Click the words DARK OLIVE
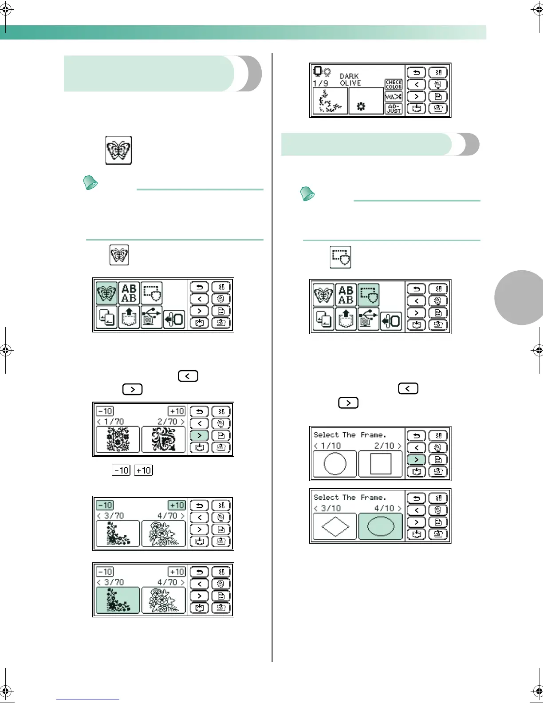[350, 79]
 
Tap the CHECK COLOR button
[393, 84]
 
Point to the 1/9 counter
[320, 83]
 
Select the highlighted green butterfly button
[106, 293]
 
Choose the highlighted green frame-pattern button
[369, 295]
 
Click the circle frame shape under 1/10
[334, 464]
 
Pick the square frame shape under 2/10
[380, 464]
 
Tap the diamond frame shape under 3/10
[334, 526]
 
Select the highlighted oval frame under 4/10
[380, 526]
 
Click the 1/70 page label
[114, 422]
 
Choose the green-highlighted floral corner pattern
[118, 600]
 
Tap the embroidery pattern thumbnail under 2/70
[163, 439]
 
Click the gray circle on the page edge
[521, 297]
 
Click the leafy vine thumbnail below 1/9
[330, 101]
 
